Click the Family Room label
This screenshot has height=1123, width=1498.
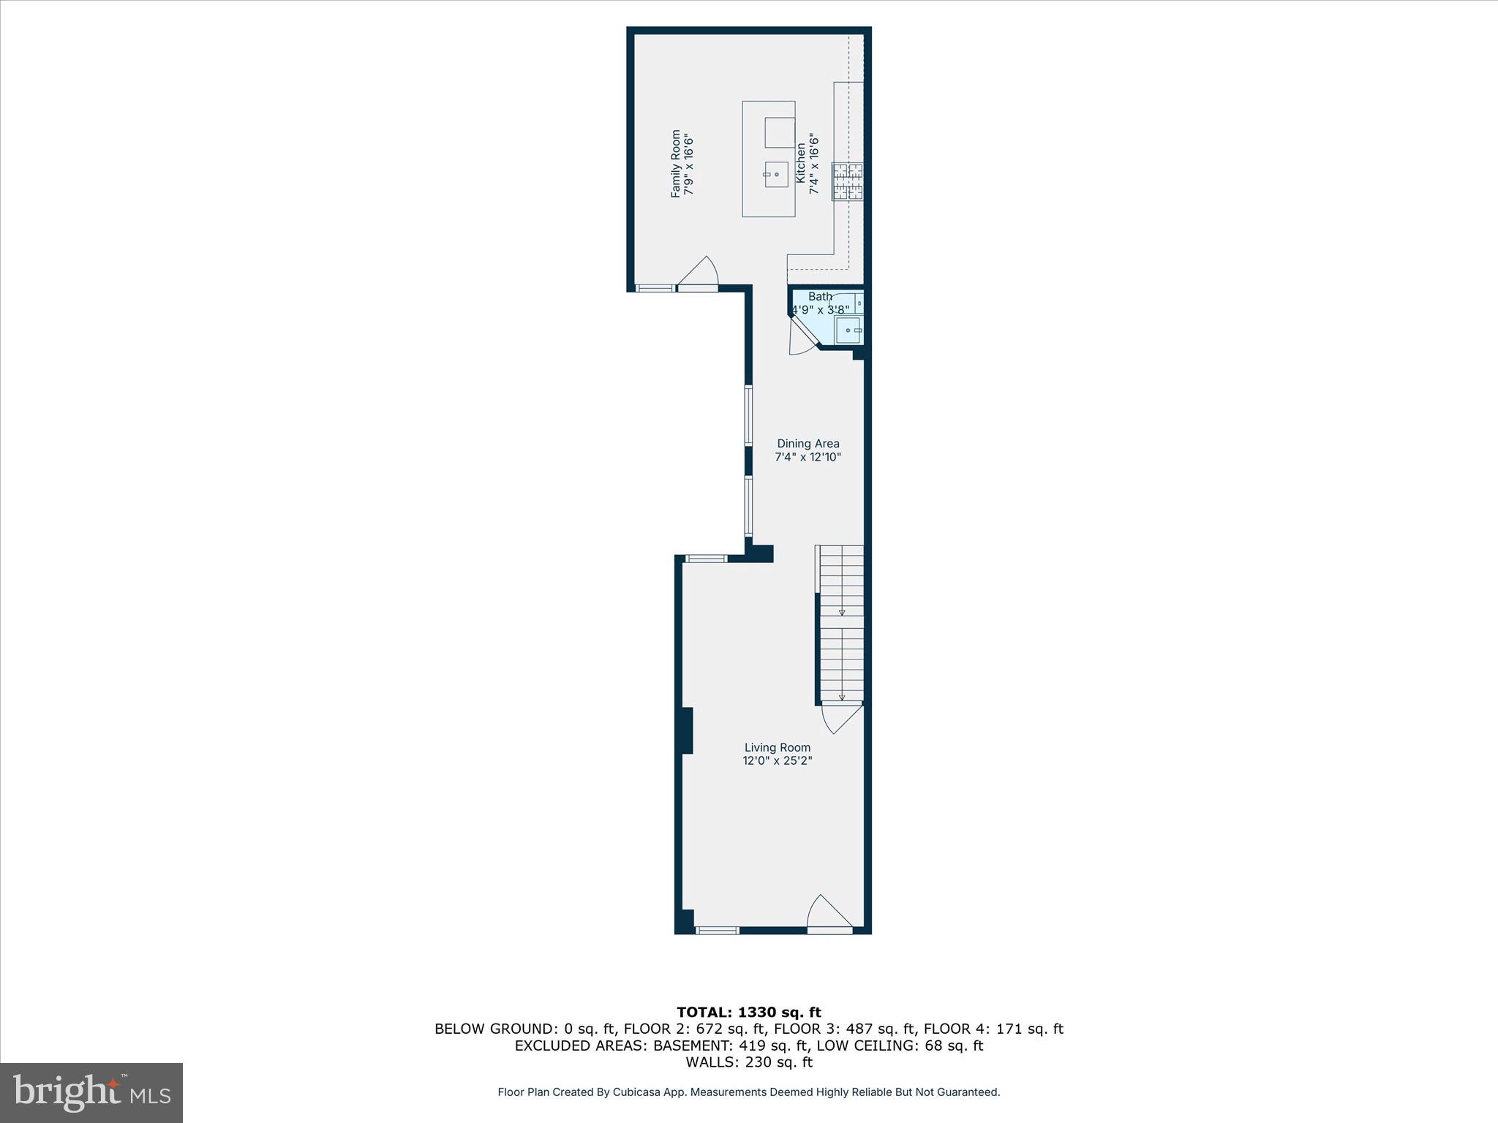675,164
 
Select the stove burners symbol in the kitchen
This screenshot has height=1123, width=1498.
848,181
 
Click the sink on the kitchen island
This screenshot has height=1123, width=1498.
776,175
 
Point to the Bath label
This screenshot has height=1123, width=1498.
820,297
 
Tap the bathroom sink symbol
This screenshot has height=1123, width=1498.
849,330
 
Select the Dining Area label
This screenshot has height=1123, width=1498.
808,444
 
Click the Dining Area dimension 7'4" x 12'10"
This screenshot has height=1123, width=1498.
808,458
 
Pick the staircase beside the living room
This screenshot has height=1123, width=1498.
841,625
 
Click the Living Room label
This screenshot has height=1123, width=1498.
778,747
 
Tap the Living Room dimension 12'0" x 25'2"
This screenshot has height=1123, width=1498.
778,761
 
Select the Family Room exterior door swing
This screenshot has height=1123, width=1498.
699,273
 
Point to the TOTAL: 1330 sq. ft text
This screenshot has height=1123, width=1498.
748,1013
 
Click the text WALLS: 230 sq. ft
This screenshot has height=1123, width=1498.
748,1062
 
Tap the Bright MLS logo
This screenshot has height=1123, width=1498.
91,1092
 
